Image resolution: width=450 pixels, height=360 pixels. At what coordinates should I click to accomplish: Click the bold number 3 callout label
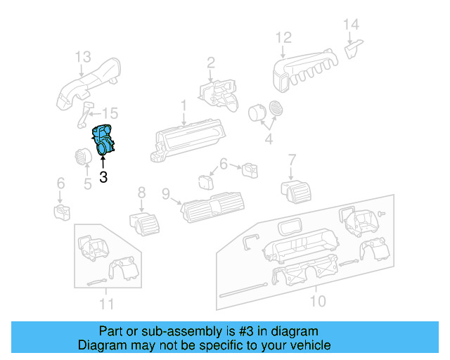(x=103, y=177)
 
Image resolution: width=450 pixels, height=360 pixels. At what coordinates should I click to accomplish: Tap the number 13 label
(x=83, y=56)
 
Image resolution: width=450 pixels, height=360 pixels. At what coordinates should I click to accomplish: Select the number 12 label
(x=283, y=37)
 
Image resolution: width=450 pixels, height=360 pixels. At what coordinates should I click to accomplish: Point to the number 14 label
(x=351, y=25)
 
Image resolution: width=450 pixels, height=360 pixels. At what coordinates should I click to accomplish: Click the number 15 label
(x=111, y=113)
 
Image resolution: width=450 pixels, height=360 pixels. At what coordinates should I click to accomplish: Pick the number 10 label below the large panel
(x=318, y=301)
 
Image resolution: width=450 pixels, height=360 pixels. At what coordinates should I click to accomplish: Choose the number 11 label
(x=105, y=304)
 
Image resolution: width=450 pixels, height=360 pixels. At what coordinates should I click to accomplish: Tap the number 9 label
(x=166, y=193)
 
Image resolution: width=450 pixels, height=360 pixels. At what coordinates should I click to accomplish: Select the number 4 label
(x=267, y=139)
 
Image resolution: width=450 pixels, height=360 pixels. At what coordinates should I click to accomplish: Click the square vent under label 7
(x=294, y=188)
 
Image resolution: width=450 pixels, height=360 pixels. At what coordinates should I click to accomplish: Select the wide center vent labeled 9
(x=212, y=206)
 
